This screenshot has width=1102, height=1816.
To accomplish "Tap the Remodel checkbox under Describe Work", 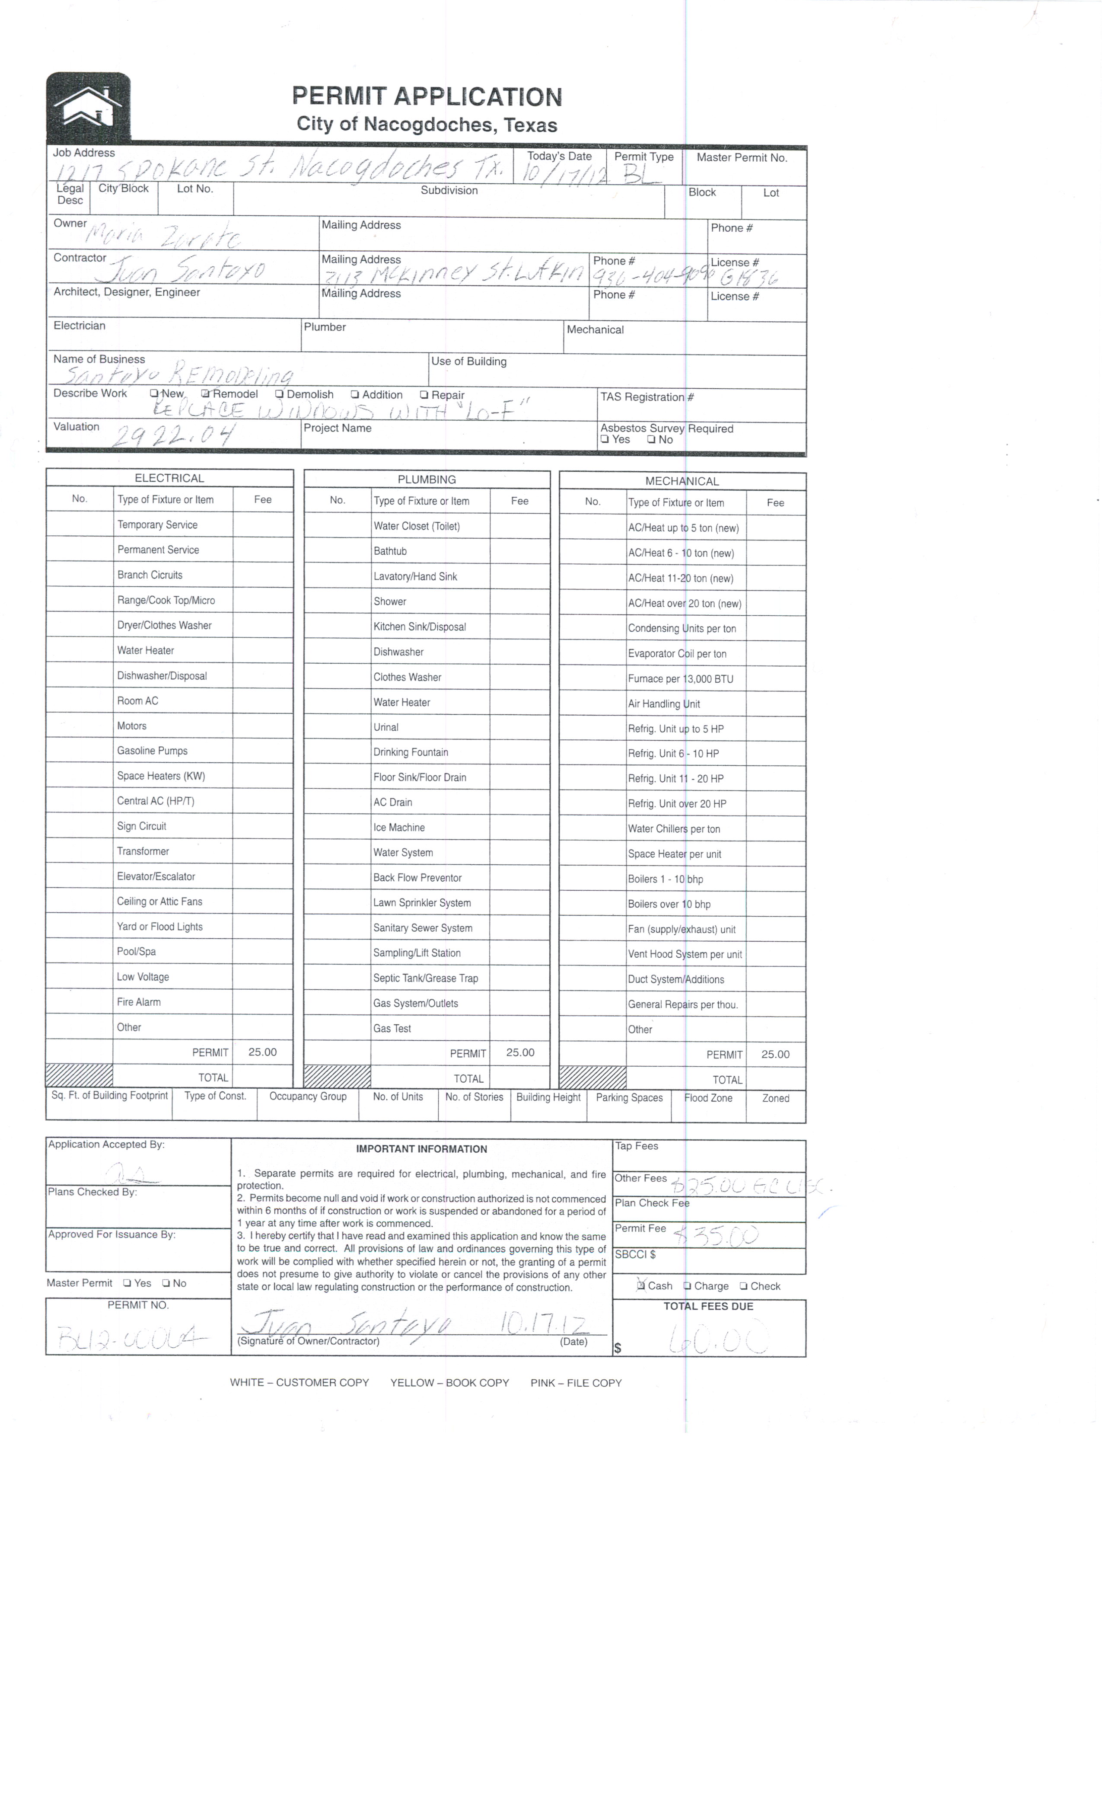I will click(206, 394).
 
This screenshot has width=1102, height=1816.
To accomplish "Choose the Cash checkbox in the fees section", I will click(641, 1285).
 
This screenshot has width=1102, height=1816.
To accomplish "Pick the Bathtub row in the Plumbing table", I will click(390, 551).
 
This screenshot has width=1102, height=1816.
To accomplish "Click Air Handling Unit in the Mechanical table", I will click(664, 704).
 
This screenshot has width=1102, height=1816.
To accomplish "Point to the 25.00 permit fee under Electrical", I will click(262, 1052).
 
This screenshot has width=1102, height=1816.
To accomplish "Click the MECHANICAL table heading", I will click(682, 481).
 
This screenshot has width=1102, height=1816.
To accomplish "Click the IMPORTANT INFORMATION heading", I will click(421, 1149).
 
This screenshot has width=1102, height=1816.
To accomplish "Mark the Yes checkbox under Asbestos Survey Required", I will click(605, 440).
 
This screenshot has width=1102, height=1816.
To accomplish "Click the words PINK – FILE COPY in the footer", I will click(576, 1383).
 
